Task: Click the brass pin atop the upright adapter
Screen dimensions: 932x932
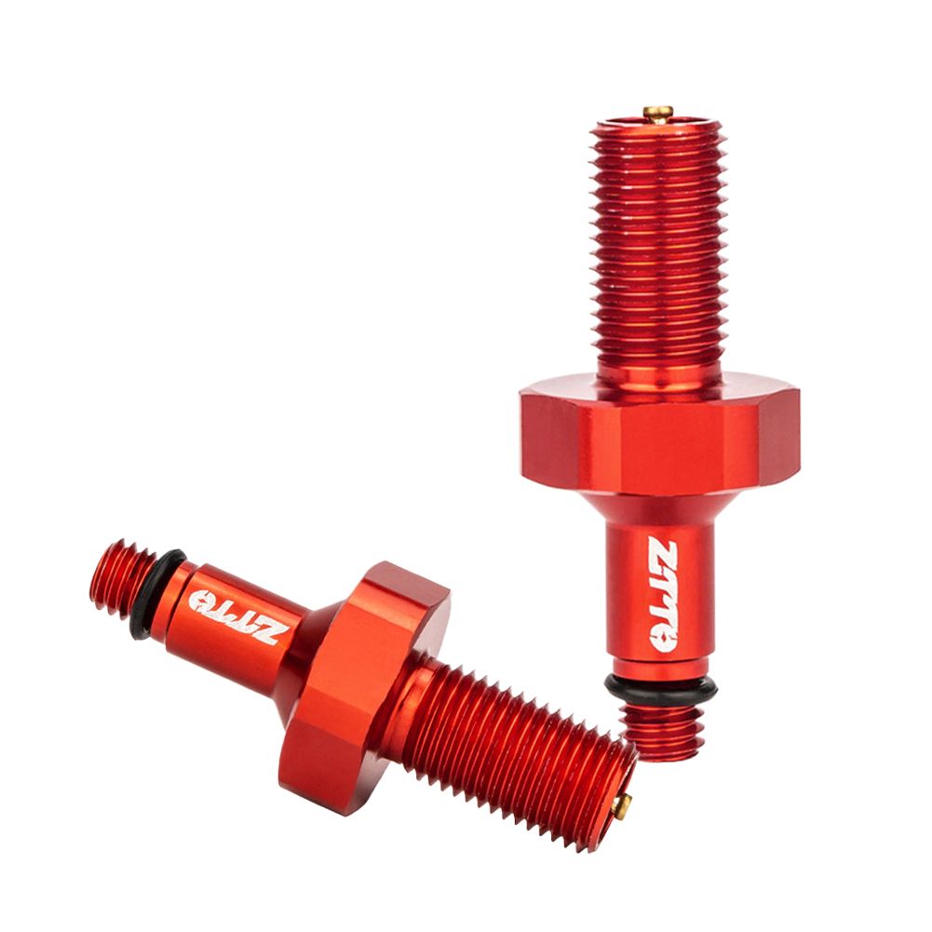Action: pos(658,114)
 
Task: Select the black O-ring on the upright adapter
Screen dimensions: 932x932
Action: pos(661,687)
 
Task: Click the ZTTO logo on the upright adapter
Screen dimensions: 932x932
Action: pos(661,595)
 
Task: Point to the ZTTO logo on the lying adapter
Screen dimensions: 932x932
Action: pos(234,617)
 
